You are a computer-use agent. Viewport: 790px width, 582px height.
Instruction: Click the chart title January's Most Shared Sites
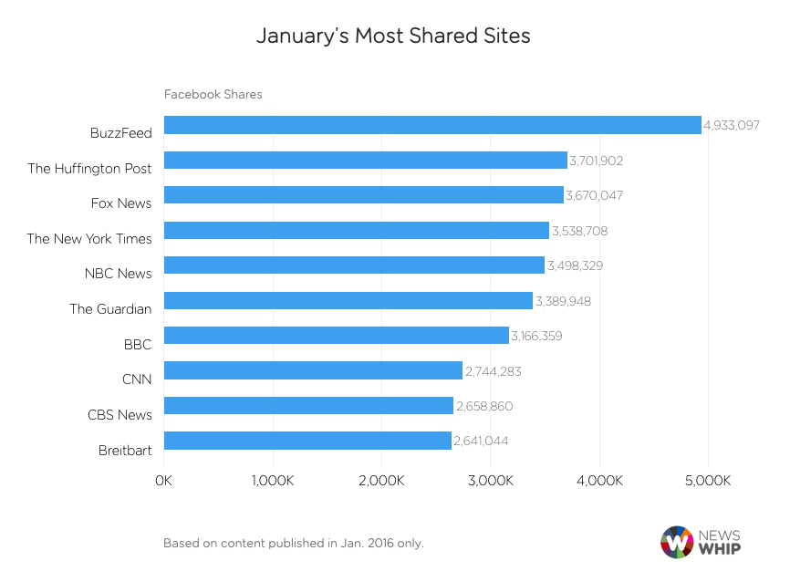[393, 36]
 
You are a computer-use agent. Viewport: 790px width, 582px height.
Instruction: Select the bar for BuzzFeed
[432, 125]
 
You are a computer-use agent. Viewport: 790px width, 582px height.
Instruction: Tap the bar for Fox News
[363, 195]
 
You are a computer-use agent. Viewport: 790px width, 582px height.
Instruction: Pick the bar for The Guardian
[348, 301]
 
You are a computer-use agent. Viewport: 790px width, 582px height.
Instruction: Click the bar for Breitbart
[307, 441]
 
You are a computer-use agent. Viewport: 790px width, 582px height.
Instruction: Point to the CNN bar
[313, 370]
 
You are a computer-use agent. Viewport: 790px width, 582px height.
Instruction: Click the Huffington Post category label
[89, 168]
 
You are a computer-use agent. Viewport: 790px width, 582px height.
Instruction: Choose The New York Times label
[89, 238]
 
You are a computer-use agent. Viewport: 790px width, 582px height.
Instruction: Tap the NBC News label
[118, 273]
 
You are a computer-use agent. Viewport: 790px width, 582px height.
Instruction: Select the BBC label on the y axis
[138, 343]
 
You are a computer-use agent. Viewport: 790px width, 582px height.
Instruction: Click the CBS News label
[120, 414]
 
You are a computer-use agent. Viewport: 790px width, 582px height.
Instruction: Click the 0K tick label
[164, 481]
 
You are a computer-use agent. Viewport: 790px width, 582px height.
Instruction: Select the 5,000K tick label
[708, 481]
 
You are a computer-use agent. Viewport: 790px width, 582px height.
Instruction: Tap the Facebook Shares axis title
[213, 94]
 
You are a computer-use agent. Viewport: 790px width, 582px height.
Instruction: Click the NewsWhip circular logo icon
[676, 541]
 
